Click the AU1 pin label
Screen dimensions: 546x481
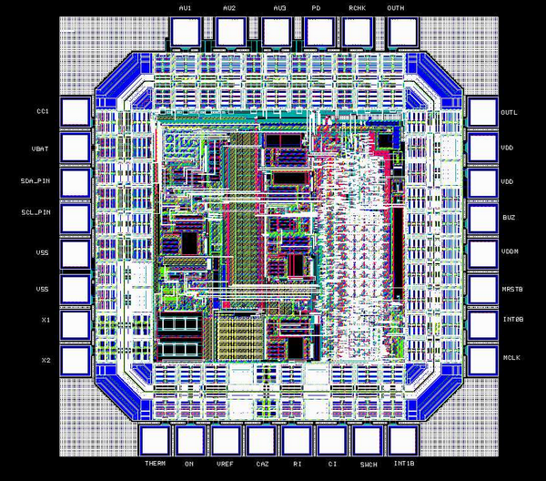pyautogui.click(x=185, y=8)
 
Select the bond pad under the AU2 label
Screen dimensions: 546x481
pyautogui.click(x=231, y=32)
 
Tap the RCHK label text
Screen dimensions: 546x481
pyautogui.click(x=358, y=8)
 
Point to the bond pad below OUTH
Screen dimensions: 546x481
pyautogui.click(x=403, y=32)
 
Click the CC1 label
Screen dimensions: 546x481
pyautogui.click(x=43, y=111)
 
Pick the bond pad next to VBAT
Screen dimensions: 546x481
pyautogui.click(x=76, y=148)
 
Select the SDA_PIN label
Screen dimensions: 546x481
pyautogui.click(x=35, y=181)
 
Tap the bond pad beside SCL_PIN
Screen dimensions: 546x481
pyautogui.click(x=76, y=219)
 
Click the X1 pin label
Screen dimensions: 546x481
pyautogui.click(x=46, y=320)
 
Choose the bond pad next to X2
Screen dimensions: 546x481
pyautogui.click(x=76, y=361)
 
